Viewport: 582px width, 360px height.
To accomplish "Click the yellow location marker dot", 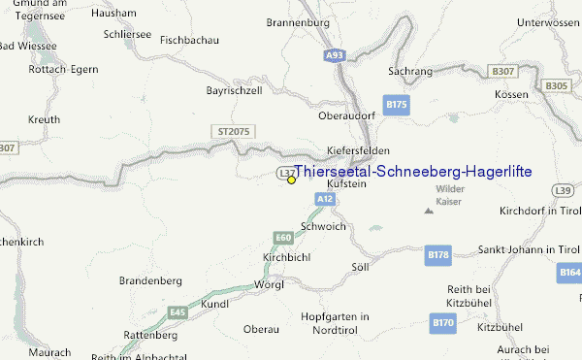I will click(291, 180).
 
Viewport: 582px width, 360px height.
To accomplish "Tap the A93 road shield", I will click(335, 56).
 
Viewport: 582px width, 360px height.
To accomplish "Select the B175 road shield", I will click(396, 104).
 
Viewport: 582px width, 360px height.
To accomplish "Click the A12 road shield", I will click(325, 199).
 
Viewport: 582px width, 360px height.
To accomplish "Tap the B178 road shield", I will click(438, 255).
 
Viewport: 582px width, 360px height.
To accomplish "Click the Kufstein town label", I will click(346, 183).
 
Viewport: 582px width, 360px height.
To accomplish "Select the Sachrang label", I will click(409, 72).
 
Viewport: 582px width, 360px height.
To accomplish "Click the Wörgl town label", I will click(268, 285).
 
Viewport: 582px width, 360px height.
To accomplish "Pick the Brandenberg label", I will click(150, 280).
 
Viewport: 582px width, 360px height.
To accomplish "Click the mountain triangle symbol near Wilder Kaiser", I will click(428, 211).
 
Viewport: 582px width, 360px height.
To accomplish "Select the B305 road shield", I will click(556, 86).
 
